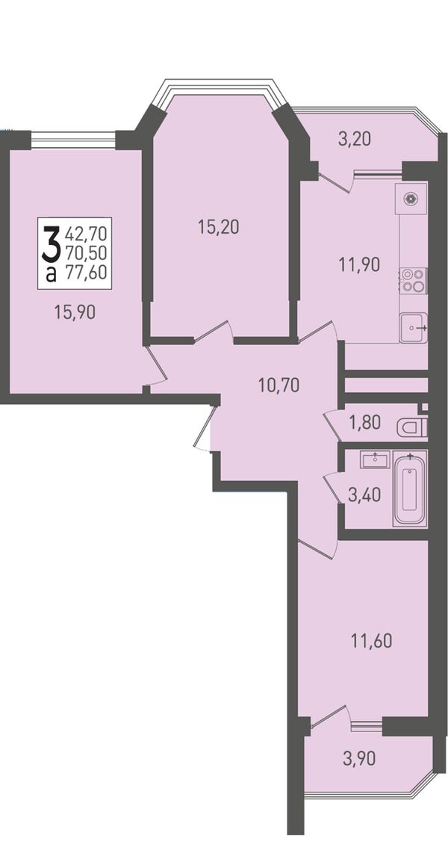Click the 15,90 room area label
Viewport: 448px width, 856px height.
coord(75,312)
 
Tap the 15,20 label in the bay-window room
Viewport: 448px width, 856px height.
coord(218,226)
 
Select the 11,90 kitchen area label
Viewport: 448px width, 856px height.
coord(358,264)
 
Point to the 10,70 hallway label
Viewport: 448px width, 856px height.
coord(279,385)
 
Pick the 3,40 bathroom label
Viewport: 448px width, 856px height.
coord(365,495)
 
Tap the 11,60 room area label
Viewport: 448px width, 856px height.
coord(371,640)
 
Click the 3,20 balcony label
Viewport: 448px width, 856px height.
coord(355,140)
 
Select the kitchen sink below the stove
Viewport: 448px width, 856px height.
coord(413,328)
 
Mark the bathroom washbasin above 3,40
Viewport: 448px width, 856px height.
coord(374,459)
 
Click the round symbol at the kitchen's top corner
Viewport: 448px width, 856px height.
coord(411,199)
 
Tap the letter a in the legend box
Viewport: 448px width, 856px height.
coord(51,275)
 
